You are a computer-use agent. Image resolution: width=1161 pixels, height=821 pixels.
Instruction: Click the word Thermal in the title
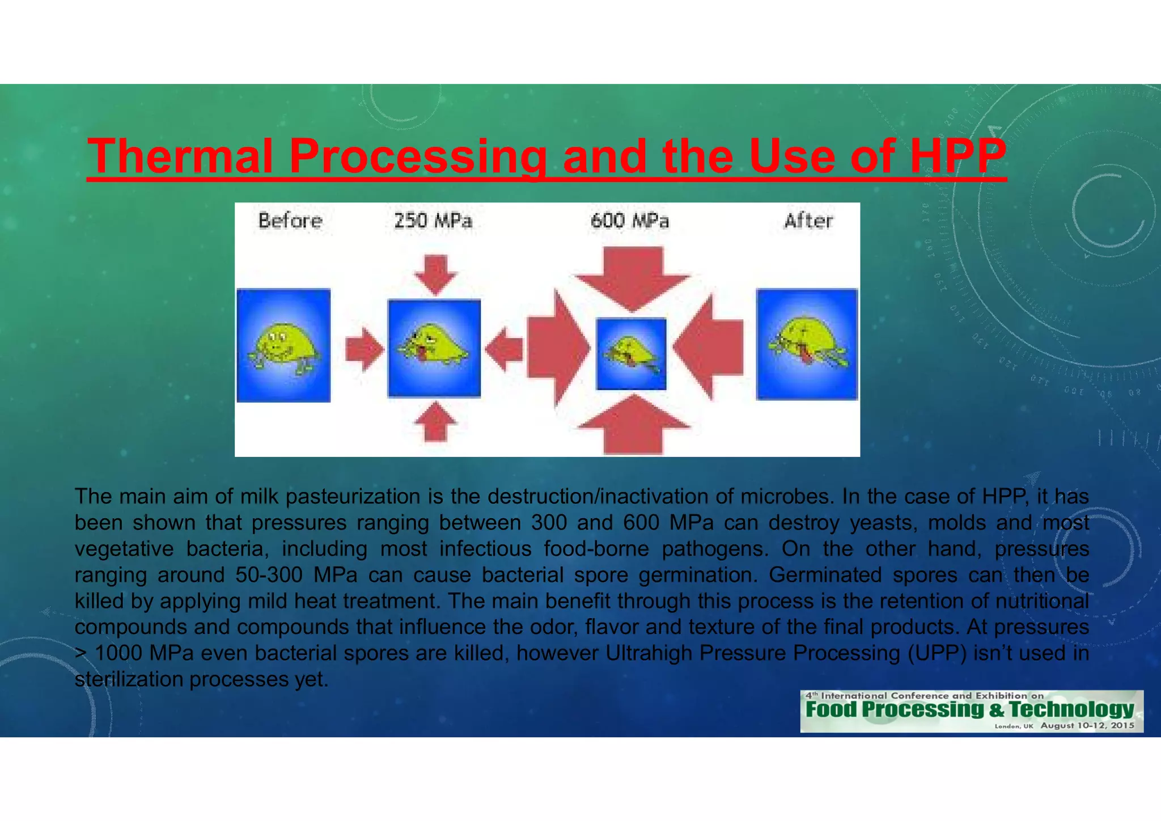click(x=180, y=156)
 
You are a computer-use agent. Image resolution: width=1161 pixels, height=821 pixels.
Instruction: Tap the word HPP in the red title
click(x=958, y=156)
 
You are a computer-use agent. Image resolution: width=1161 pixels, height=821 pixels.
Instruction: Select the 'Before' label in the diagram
click(x=290, y=221)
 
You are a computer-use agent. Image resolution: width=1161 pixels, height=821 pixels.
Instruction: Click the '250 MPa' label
click(x=433, y=221)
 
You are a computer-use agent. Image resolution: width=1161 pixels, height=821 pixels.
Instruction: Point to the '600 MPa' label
click(x=629, y=221)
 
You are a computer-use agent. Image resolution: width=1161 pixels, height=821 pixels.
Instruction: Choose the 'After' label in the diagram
click(x=808, y=221)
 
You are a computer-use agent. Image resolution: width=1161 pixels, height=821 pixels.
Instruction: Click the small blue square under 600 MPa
click(x=631, y=354)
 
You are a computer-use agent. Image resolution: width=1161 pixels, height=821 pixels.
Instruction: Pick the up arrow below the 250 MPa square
click(x=435, y=422)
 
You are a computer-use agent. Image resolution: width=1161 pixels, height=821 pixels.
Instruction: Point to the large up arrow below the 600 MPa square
click(x=633, y=425)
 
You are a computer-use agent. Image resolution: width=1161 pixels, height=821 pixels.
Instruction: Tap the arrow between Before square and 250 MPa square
click(x=365, y=349)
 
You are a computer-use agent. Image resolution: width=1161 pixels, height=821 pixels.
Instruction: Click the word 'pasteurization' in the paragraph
click(x=353, y=497)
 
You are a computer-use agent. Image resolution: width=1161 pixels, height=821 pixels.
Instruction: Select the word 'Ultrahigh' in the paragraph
click(x=649, y=653)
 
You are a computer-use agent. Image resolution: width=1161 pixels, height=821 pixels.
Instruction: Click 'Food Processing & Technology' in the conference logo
click(x=969, y=709)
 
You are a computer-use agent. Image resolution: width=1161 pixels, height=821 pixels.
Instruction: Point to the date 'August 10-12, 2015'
click(x=1087, y=726)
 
